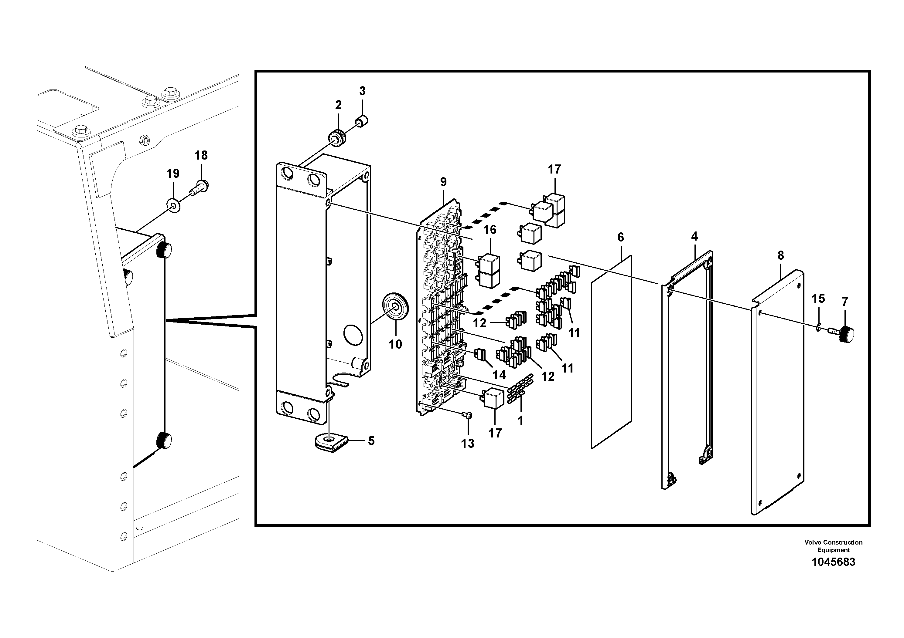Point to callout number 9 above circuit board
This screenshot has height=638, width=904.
(443, 182)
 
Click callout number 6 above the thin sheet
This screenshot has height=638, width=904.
(620, 237)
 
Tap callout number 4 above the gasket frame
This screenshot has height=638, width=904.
(694, 236)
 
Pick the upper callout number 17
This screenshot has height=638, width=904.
(554, 170)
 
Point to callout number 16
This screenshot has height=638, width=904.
(490, 230)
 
